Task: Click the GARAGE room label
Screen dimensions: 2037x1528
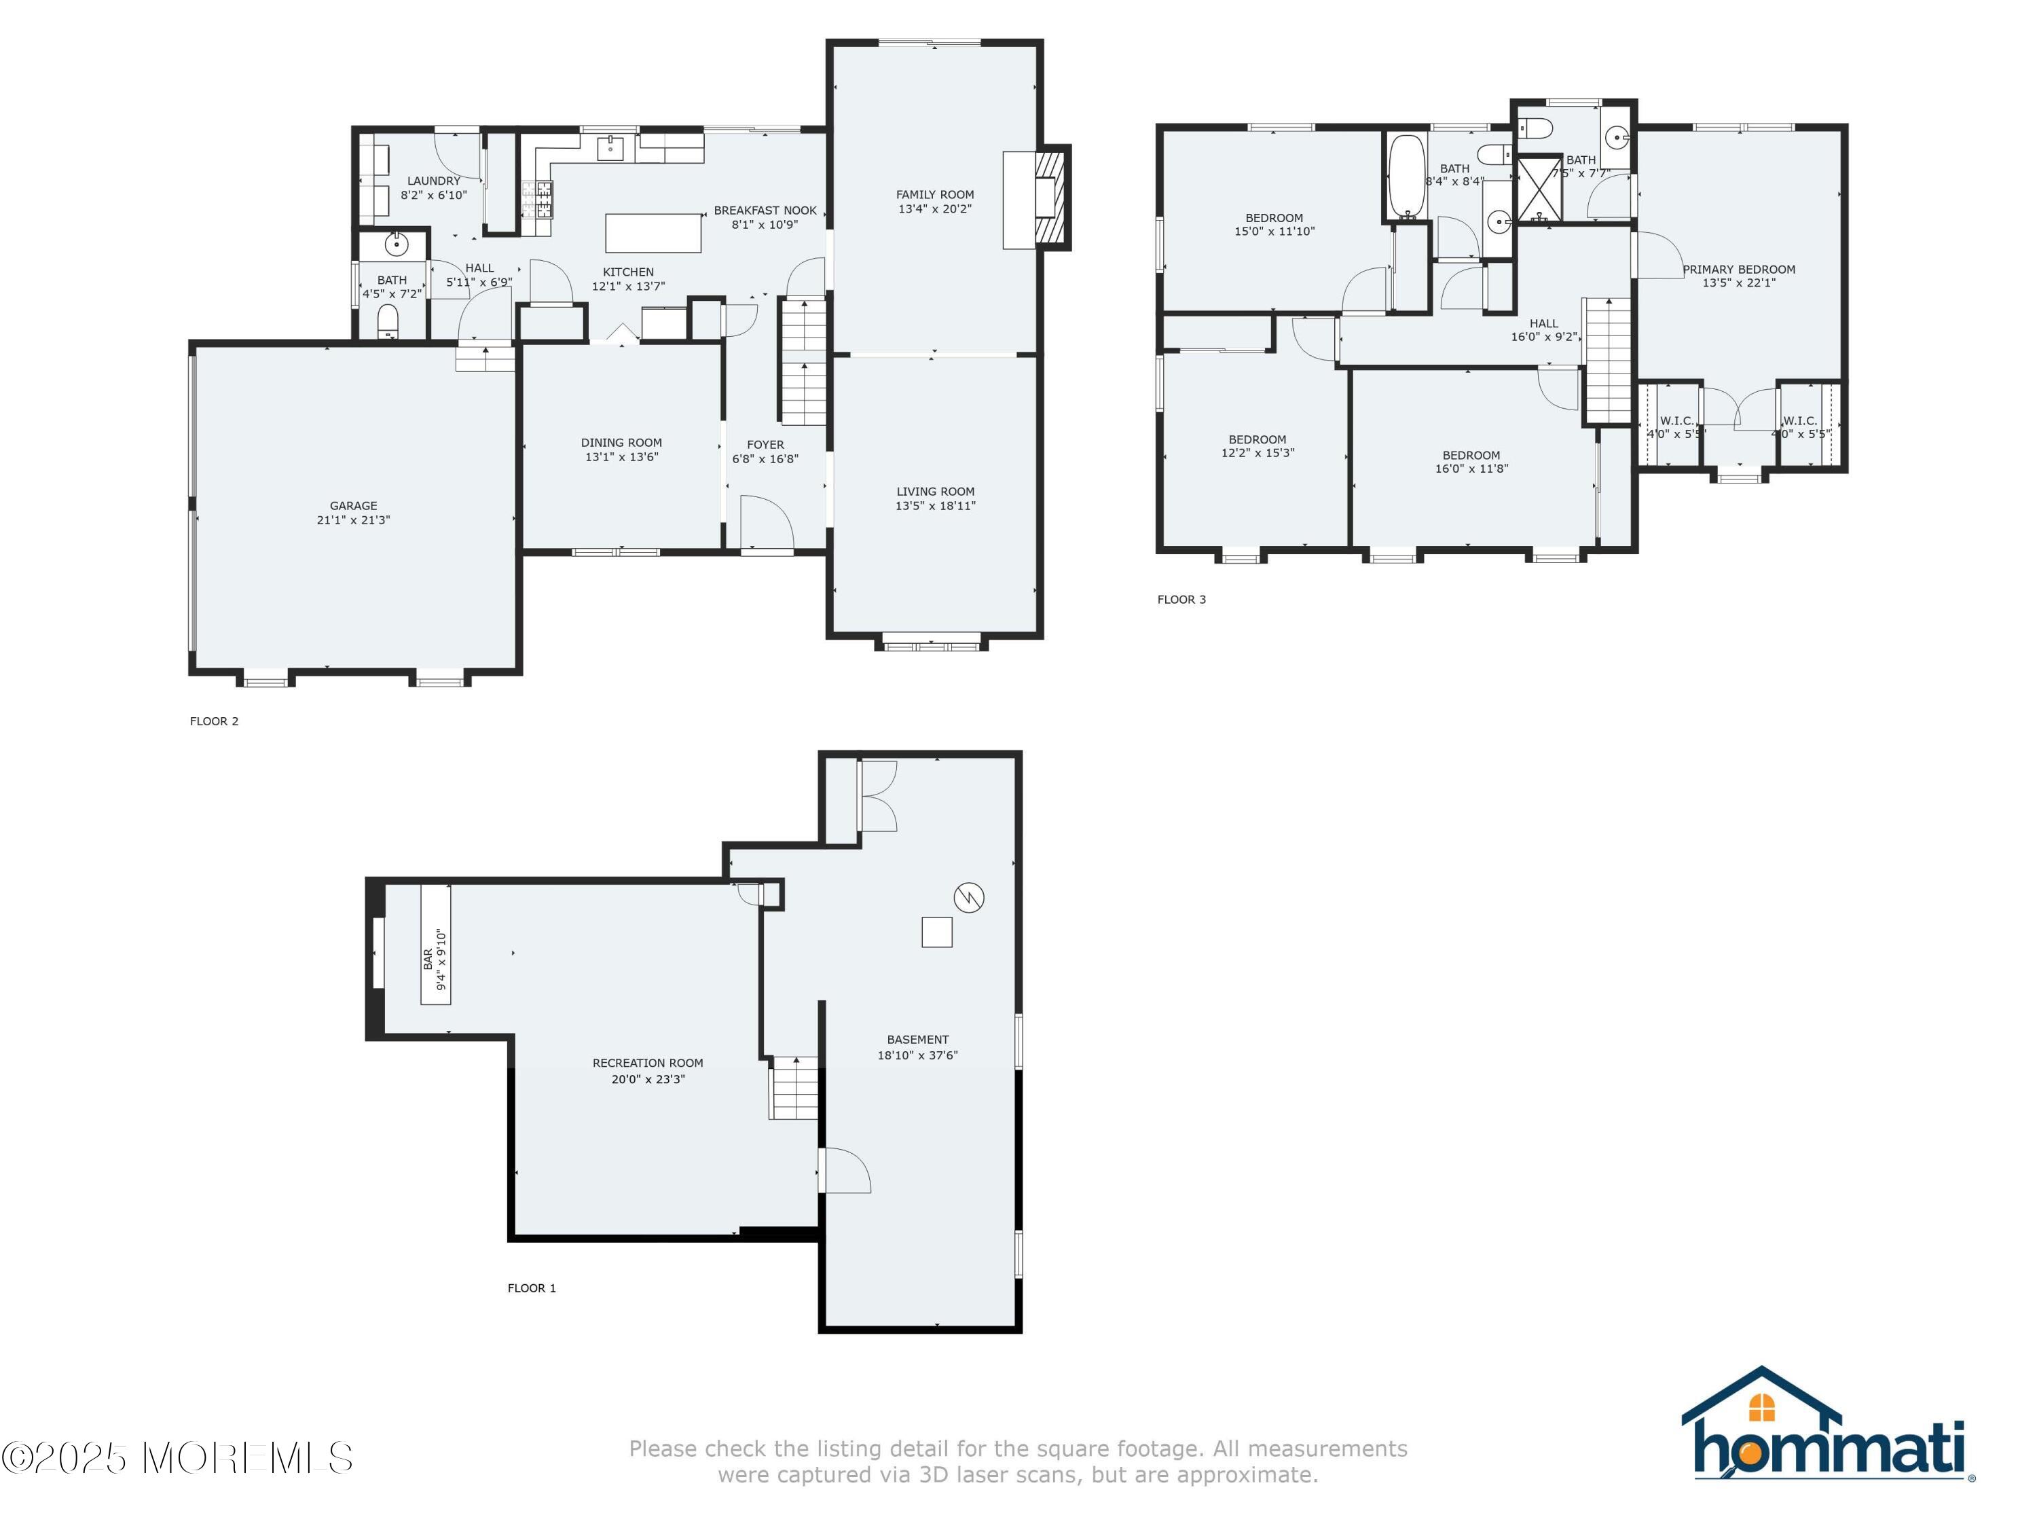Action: (354, 506)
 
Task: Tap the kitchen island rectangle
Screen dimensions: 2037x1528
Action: (653, 232)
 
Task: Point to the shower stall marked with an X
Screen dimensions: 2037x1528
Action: (1539, 189)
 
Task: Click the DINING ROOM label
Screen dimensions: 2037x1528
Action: (621, 443)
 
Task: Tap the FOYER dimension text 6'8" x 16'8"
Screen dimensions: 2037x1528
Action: (765, 458)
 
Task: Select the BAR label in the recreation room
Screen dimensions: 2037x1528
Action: (428, 960)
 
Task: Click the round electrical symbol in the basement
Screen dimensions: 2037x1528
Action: (969, 897)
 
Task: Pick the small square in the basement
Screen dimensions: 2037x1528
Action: (936, 932)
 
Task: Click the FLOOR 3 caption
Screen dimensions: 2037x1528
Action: (1181, 600)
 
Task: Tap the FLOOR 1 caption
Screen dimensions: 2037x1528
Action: (532, 1288)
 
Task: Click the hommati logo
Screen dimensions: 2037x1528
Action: (1828, 1425)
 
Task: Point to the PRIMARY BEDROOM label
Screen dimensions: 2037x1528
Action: (1739, 270)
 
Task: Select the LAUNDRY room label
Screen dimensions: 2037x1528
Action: (434, 181)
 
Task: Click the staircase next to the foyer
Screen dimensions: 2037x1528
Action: (804, 361)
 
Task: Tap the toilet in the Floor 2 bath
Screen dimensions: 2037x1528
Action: (388, 321)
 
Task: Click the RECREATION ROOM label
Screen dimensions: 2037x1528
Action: (648, 1063)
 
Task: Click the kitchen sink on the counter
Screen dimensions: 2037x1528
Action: (610, 147)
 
